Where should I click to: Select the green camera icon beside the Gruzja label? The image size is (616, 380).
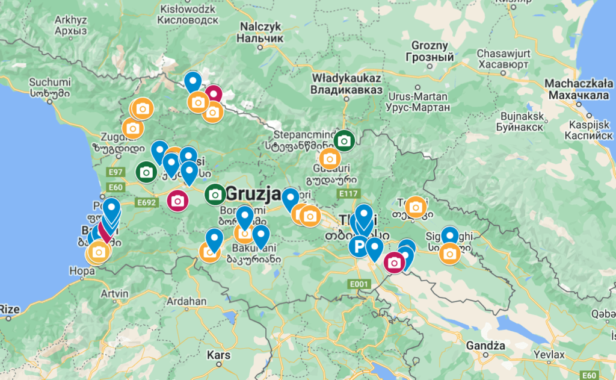pyautogui.click(x=215, y=194)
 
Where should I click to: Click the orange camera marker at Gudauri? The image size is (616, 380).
pyautogui.click(x=330, y=160)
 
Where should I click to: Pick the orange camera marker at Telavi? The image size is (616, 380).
pyautogui.click(x=415, y=207)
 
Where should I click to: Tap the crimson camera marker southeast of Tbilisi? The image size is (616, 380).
pyautogui.click(x=394, y=263)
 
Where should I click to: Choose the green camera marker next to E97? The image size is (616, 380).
pyautogui.click(x=146, y=172)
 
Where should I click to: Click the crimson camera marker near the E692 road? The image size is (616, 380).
pyautogui.click(x=177, y=201)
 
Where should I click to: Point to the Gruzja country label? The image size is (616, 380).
pyautogui.click(x=253, y=195)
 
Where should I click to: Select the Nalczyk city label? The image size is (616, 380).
pyautogui.click(x=261, y=33)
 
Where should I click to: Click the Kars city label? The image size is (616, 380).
pyautogui.click(x=218, y=355)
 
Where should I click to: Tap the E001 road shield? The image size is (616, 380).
pyautogui.click(x=358, y=283)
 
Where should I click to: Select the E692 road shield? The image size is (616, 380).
pyautogui.click(x=147, y=203)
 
